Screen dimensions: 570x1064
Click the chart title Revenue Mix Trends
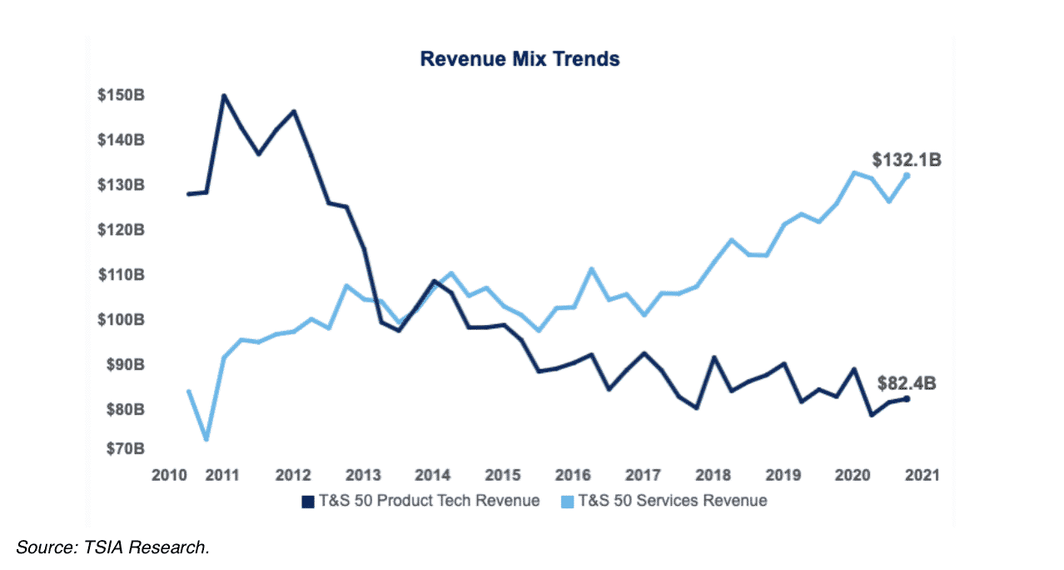click(x=520, y=59)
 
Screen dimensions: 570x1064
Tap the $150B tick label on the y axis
click(x=121, y=95)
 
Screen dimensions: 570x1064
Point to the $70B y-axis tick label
click(x=125, y=448)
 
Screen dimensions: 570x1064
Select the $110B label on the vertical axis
click(x=121, y=274)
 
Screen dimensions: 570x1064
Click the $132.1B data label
click(x=907, y=160)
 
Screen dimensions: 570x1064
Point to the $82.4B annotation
click(x=907, y=384)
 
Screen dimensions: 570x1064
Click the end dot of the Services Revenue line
click(x=906, y=176)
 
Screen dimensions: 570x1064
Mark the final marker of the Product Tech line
click(x=906, y=399)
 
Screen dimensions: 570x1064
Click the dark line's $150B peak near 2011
click(x=223, y=96)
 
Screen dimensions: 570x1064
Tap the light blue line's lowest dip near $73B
click(x=206, y=438)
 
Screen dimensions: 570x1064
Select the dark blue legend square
click(x=306, y=501)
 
